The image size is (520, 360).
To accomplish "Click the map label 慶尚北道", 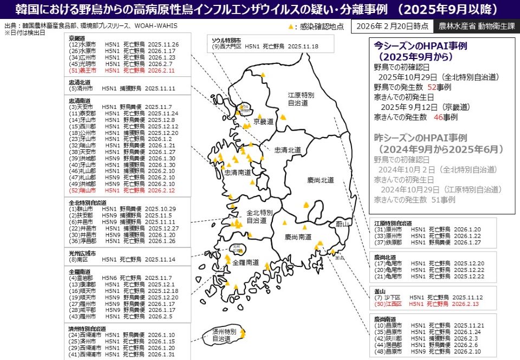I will click(320, 180).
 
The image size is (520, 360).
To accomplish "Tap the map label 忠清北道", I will click(288, 149).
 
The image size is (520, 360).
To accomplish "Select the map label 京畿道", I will click(264, 122).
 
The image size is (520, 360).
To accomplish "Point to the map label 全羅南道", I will click(246, 262).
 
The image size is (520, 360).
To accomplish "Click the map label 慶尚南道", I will click(298, 237).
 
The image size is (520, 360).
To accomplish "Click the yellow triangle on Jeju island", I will click(242, 333).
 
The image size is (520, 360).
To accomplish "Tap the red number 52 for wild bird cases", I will click(432, 87).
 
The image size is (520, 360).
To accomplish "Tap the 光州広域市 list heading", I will click(82, 253).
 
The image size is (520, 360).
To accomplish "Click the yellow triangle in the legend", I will click(291, 26).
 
